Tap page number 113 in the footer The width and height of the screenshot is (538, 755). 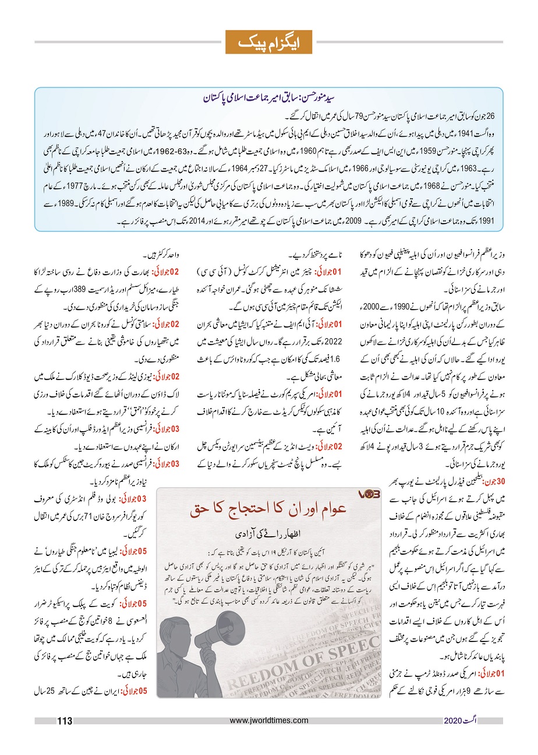[x=63, y=722]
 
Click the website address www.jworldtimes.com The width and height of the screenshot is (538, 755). [x=268, y=721]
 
